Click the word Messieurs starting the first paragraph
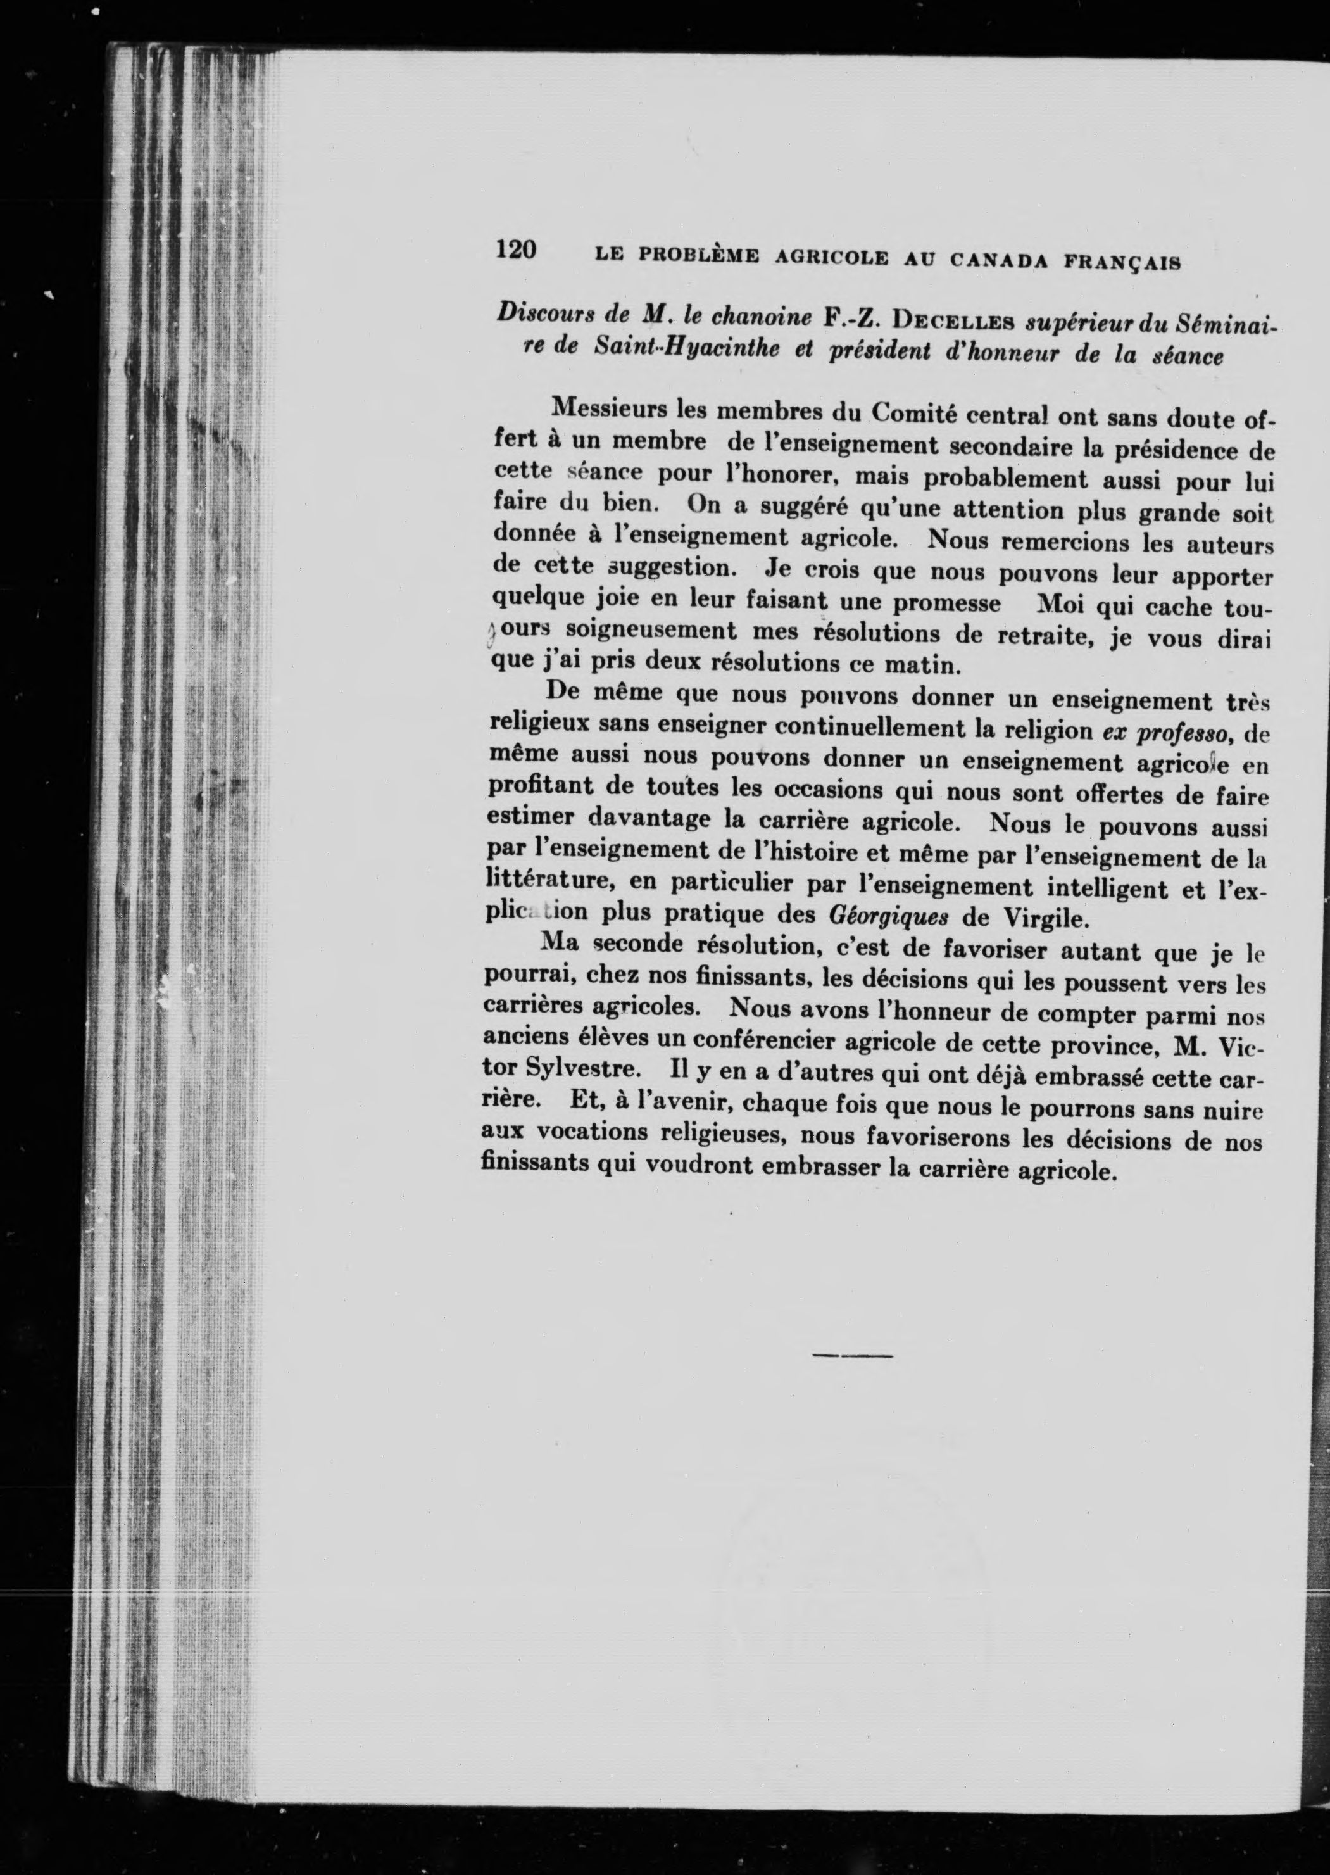click(x=608, y=407)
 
